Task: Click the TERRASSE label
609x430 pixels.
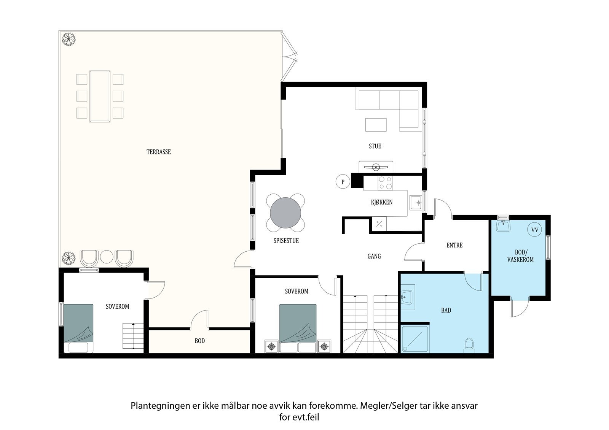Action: (x=158, y=152)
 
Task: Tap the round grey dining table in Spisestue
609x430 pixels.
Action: (x=285, y=213)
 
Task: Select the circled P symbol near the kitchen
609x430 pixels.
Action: (x=343, y=182)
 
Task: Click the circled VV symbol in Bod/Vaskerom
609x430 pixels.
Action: (x=534, y=230)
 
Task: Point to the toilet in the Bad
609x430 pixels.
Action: (x=469, y=345)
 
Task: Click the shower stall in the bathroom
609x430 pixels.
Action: (x=415, y=339)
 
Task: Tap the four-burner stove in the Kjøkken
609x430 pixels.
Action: (x=385, y=183)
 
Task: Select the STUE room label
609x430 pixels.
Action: (x=375, y=146)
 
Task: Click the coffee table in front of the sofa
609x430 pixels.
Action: (x=376, y=125)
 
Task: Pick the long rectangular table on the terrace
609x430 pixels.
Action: (x=100, y=96)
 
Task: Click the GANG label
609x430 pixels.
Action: (x=374, y=256)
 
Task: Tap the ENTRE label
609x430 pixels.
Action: (x=454, y=245)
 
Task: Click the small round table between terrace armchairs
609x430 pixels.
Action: (x=107, y=257)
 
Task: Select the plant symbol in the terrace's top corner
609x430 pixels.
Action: (x=69, y=39)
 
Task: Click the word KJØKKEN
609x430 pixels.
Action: (x=382, y=202)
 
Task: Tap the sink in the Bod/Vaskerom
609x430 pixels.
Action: (x=503, y=225)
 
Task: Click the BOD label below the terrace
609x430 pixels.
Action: (x=199, y=341)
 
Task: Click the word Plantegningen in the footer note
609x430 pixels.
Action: (x=160, y=406)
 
